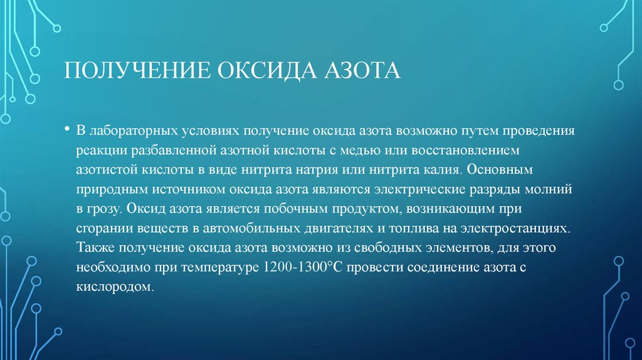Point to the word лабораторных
[129, 132]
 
